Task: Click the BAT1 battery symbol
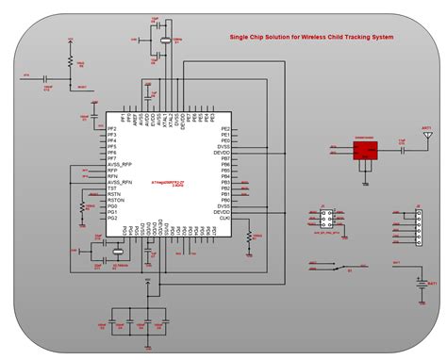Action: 420,280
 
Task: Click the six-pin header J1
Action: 323,219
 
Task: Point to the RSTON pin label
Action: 117,200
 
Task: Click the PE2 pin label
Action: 224,128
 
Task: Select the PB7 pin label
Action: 224,158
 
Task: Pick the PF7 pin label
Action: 112,157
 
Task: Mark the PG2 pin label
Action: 112,218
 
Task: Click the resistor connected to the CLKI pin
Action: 249,235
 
